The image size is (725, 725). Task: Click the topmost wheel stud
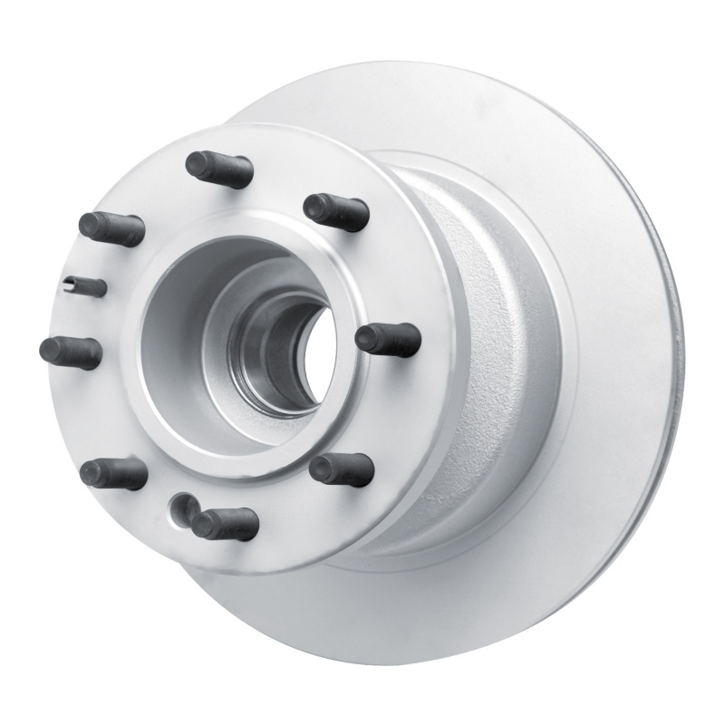(x=218, y=169)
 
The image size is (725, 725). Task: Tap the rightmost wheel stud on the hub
(x=388, y=339)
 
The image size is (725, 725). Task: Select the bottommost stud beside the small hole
(x=224, y=523)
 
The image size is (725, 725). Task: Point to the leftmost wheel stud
(x=71, y=351)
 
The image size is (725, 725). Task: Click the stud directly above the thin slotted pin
(x=111, y=228)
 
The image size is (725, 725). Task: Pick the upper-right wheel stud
(x=336, y=211)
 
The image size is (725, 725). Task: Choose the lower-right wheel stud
(x=342, y=469)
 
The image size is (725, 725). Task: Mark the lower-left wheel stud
(x=113, y=472)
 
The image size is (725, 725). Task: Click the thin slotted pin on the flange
(x=87, y=286)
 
